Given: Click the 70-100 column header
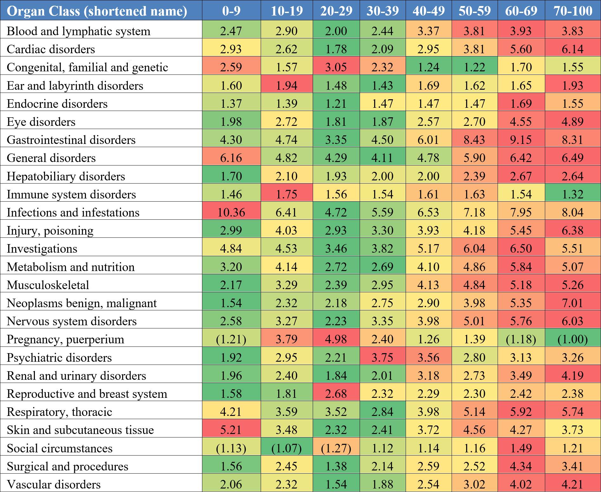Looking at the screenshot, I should point(573,11).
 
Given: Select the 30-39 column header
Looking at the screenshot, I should point(382,11).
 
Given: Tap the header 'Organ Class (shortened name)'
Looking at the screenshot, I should point(97,11).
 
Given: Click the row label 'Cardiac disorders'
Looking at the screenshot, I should point(51,49).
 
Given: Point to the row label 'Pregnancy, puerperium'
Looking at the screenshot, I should point(65,339).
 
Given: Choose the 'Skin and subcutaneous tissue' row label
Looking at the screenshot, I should point(80,430).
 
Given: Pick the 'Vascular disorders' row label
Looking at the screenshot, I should point(54,484).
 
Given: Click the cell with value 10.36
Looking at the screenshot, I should point(231,212).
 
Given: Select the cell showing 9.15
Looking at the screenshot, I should point(521,140).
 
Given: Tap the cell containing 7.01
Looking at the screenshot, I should point(573,303).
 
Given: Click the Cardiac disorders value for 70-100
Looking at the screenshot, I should point(573,49).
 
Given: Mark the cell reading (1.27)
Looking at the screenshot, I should point(336,448).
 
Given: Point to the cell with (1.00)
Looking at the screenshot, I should point(573,339).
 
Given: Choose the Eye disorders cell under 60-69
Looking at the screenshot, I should point(521,122).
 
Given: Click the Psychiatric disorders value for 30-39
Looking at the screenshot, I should point(382,358).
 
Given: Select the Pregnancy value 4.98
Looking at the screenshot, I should point(336,339).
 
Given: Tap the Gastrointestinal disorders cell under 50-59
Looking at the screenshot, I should point(474,140).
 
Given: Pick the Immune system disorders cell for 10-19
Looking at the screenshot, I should point(287,194).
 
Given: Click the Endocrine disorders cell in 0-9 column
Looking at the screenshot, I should point(231,104).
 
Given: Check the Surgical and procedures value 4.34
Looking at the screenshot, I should point(521,466).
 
